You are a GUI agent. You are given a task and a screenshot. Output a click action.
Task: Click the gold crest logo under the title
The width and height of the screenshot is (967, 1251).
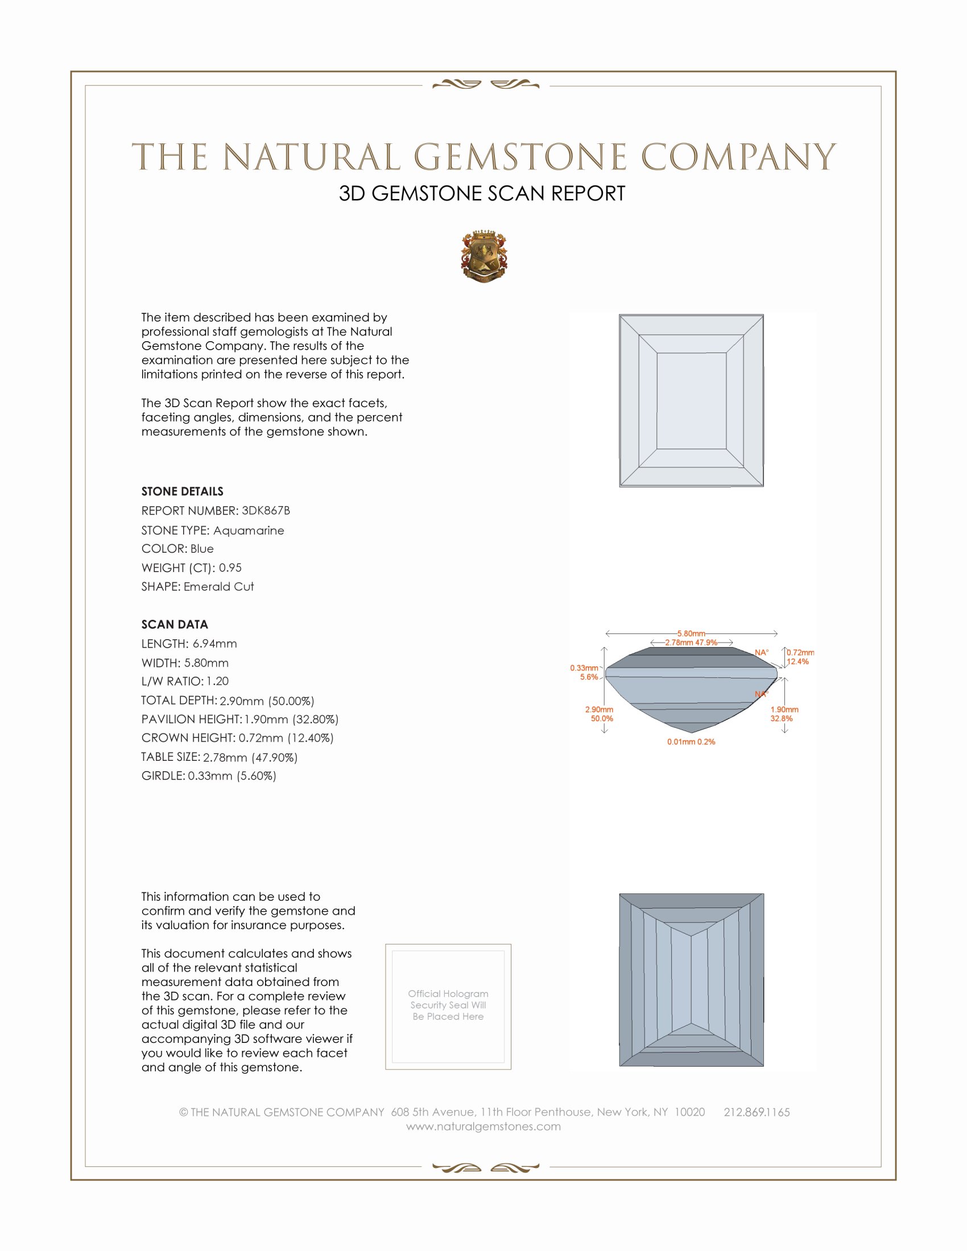[x=484, y=256]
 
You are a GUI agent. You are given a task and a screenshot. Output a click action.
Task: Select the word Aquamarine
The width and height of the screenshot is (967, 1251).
[x=249, y=531]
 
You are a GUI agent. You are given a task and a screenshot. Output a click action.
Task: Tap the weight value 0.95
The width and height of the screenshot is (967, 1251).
[x=230, y=567]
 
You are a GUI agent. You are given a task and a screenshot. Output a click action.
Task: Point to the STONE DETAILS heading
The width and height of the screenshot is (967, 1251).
[x=182, y=491]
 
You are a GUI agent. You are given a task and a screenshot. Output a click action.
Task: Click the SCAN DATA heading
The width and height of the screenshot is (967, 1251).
[x=175, y=624]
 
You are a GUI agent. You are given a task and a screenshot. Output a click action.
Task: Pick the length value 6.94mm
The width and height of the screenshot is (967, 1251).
[x=215, y=644]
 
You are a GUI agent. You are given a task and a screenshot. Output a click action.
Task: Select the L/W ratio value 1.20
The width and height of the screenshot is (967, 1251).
[x=218, y=681]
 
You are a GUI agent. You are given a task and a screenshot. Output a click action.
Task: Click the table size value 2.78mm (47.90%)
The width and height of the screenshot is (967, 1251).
[x=250, y=757]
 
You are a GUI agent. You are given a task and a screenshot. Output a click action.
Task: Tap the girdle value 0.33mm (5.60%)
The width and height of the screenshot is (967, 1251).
[x=232, y=776]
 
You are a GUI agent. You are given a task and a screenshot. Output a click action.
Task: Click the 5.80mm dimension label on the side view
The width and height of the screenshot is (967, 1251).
[x=691, y=633]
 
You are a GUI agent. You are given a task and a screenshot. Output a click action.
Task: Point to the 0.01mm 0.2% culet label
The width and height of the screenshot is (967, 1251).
[x=691, y=742]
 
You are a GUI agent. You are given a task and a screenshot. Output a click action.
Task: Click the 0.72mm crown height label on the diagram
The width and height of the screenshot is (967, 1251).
[x=800, y=652]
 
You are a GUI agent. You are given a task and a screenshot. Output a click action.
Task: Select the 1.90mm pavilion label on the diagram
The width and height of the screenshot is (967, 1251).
[x=784, y=710]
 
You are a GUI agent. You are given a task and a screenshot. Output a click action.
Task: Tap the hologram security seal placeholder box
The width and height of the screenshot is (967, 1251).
[x=448, y=1006]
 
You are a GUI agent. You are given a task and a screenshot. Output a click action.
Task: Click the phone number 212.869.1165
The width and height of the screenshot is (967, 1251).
[x=757, y=1112]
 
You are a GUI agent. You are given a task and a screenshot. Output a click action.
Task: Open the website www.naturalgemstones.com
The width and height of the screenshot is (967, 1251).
[x=483, y=1126]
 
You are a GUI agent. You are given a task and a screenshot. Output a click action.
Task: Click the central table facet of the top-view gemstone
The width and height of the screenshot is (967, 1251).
[x=691, y=400]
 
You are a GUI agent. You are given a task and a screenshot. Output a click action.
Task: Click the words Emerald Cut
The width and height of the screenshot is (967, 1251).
[x=219, y=587]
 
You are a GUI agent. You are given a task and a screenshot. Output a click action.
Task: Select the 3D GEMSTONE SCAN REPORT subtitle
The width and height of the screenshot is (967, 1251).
[x=482, y=193]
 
